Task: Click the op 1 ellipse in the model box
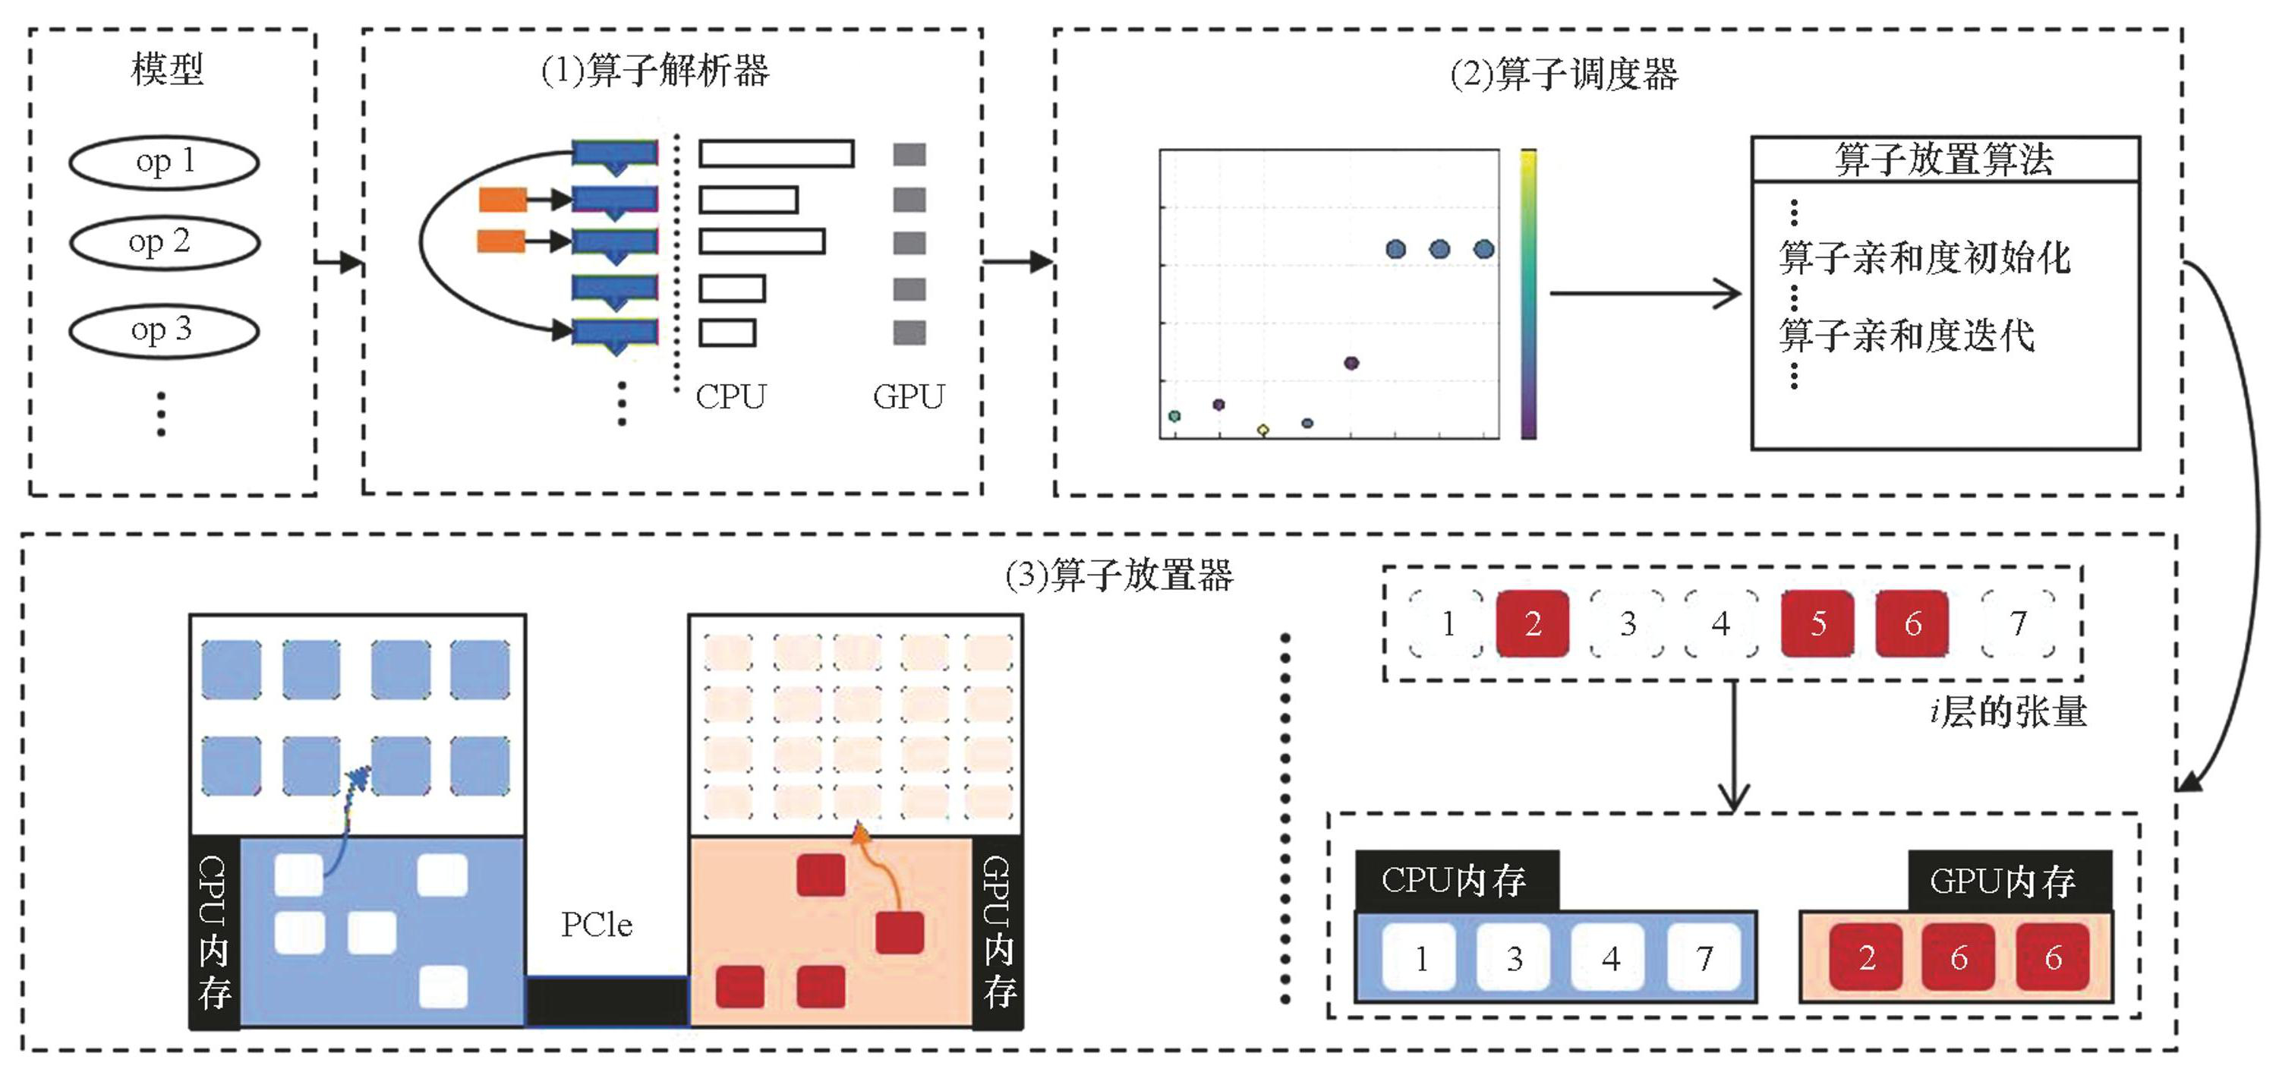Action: click(164, 162)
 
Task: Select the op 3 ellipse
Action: click(164, 330)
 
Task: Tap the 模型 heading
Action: click(166, 69)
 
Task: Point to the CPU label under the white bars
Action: click(731, 396)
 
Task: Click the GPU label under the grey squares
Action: click(909, 396)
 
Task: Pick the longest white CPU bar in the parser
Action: click(776, 154)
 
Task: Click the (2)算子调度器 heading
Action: click(1563, 74)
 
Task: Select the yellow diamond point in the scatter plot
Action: click(1263, 430)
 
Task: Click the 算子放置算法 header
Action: click(1944, 160)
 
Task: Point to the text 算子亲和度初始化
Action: click(1924, 257)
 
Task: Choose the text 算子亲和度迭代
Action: click(1906, 336)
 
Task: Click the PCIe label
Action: click(597, 925)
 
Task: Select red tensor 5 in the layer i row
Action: click(1817, 624)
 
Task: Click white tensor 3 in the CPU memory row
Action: click(1514, 957)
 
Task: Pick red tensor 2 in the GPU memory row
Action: click(1867, 957)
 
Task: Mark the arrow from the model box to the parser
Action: click(339, 262)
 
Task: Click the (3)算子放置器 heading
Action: click(1118, 576)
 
